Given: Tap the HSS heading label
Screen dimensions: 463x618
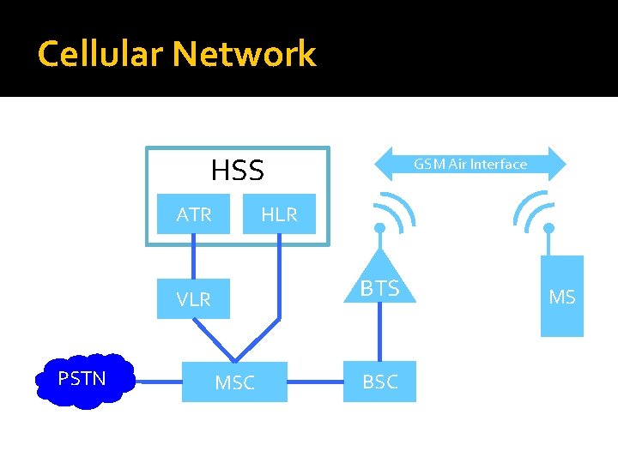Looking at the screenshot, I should point(237,171).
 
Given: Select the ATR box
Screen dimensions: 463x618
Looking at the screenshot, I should point(194,214).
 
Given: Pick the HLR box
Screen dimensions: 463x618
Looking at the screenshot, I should point(279,214).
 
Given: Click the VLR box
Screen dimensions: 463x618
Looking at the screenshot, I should point(194,299).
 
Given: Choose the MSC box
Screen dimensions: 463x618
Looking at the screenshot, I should point(234,382).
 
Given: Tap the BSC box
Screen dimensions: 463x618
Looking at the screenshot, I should point(379,382).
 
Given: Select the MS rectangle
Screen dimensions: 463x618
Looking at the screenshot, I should point(561,297).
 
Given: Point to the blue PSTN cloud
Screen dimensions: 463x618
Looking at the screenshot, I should point(82,380).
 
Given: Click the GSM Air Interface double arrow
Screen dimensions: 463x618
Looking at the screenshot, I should point(470,164).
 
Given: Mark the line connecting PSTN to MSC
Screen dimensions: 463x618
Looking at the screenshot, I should point(160,382).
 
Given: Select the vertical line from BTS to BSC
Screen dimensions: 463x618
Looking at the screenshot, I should point(379,331).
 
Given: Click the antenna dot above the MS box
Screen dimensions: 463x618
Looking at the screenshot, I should point(548,229).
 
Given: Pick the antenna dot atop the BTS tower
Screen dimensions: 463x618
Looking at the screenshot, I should point(379,229).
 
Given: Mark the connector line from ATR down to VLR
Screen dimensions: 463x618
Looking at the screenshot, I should point(194,257).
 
